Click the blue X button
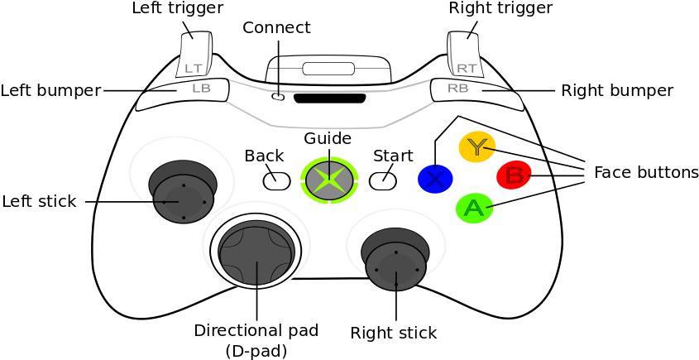pyautogui.click(x=435, y=179)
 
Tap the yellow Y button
pyautogui.click(x=477, y=146)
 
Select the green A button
pyautogui.click(x=474, y=208)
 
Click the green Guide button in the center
pyautogui.click(x=329, y=180)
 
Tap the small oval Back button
pyautogui.click(x=276, y=180)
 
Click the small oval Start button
pyautogui.click(x=382, y=180)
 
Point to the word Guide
pyautogui.click(x=328, y=138)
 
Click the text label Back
pyautogui.click(x=264, y=156)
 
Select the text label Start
pyautogui.click(x=393, y=156)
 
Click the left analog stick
pyautogui.click(x=184, y=198)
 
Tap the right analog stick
pyautogui.click(x=396, y=266)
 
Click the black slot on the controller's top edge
pyautogui.click(x=329, y=98)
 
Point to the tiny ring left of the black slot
pyautogui.click(x=278, y=98)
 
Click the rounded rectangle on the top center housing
pyautogui.click(x=328, y=69)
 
